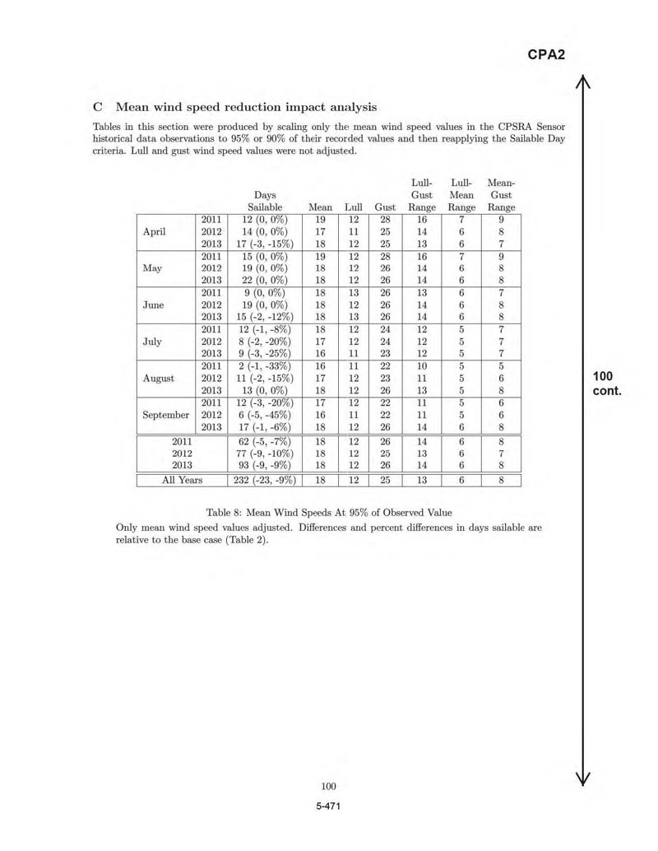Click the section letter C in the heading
point(98,107)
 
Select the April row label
point(155,231)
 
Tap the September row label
point(165,415)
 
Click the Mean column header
point(319,208)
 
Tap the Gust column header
point(385,208)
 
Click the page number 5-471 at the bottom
point(328,806)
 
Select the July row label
point(153,342)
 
